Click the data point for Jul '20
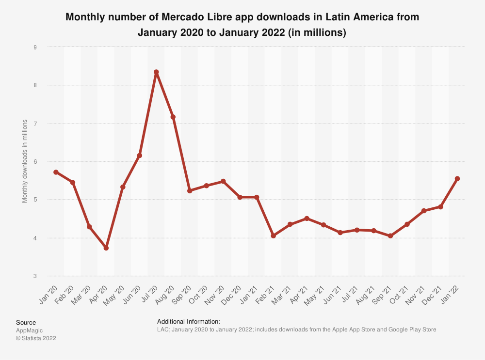click(x=156, y=72)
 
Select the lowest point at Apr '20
click(x=106, y=248)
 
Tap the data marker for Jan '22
click(x=457, y=179)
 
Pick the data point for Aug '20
click(x=173, y=117)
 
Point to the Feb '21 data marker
click(x=273, y=236)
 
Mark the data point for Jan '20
click(x=56, y=172)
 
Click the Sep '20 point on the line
click(x=190, y=191)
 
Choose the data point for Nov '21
click(x=424, y=211)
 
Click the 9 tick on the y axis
click(x=35, y=47)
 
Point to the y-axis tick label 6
click(x=35, y=161)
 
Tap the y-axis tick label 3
click(x=35, y=276)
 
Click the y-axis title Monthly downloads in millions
click(x=25, y=161)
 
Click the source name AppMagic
click(x=29, y=330)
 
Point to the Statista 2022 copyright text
click(x=36, y=338)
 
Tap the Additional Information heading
click(x=189, y=322)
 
